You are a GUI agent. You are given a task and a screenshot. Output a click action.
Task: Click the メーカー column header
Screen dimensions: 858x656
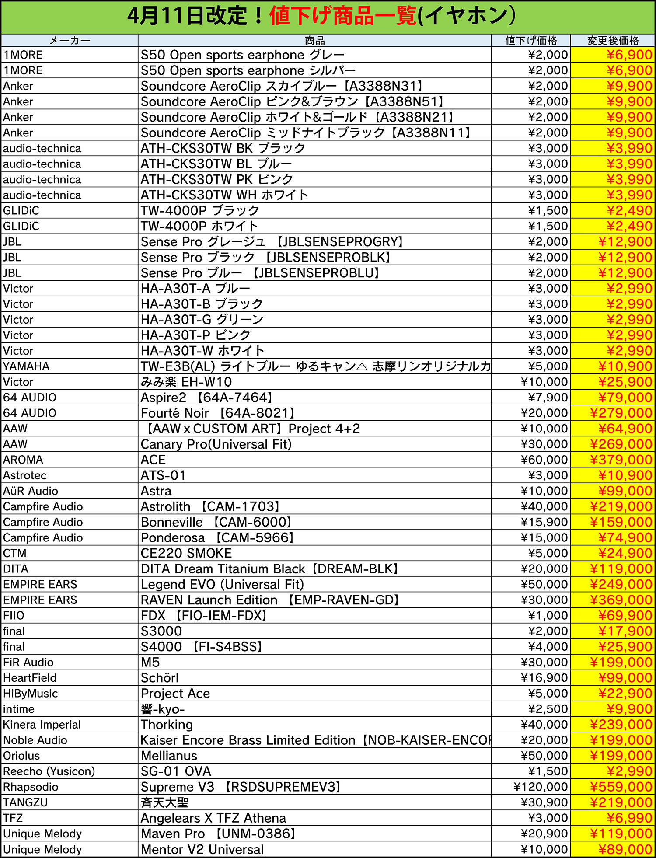point(70,41)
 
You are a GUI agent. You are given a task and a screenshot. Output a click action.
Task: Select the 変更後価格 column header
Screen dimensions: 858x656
point(613,41)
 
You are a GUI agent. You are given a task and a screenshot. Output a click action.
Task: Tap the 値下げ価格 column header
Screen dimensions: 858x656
point(531,41)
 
